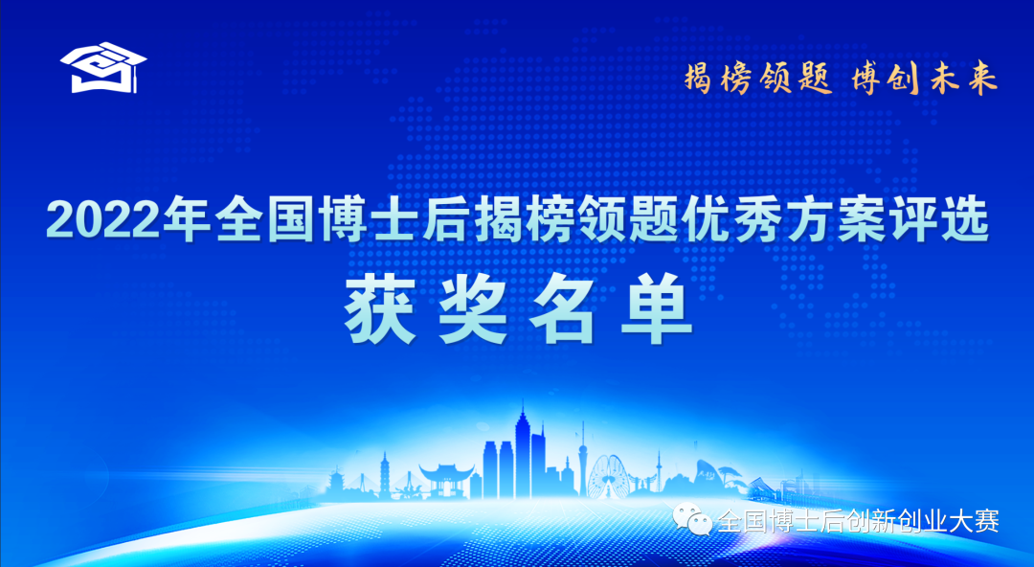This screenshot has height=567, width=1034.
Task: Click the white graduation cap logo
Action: pyautogui.click(x=103, y=68)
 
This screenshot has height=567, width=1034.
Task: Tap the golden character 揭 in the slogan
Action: pyautogui.click(x=698, y=78)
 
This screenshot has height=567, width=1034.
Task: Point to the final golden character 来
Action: pyautogui.click(x=981, y=79)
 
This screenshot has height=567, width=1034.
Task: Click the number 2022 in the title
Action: pyautogui.click(x=103, y=219)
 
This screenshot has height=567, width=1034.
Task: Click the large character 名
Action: pyautogui.click(x=563, y=308)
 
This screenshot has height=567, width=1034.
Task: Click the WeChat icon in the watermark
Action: pyautogui.click(x=692, y=519)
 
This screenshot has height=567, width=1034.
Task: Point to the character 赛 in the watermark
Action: pyautogui.click(x=987, y=521)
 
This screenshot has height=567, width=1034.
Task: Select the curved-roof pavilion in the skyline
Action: pyautogui.click(x=446, y=480)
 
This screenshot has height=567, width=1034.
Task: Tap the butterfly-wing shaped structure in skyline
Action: pyautogui.click(x=608, y=475)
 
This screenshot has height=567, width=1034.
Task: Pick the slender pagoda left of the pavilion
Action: pyautogui.click(x=385, y=475)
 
